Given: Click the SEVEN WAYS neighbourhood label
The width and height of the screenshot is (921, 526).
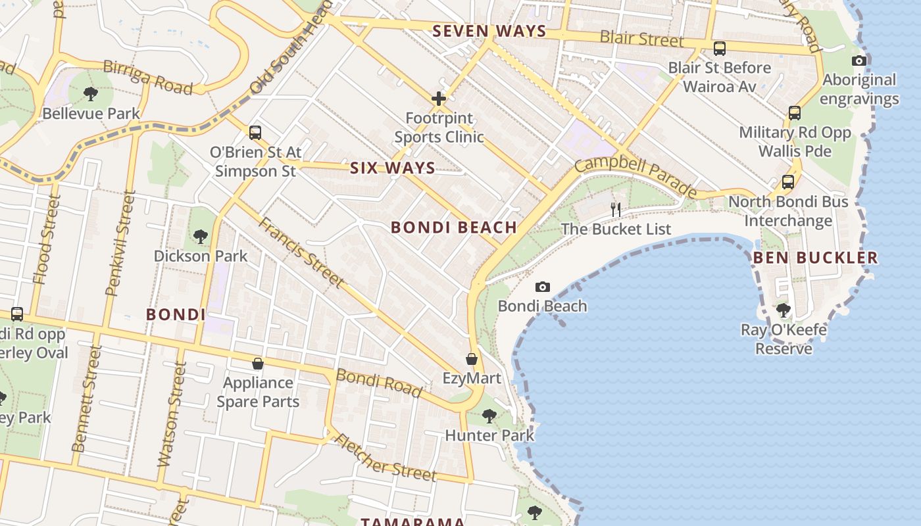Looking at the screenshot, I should click(489, 31).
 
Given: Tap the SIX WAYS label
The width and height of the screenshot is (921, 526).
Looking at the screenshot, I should click(393, 168).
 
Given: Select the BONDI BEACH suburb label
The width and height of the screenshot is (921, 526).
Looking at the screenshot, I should click(454, 227).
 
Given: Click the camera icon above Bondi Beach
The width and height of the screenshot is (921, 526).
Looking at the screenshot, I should click(542, 287).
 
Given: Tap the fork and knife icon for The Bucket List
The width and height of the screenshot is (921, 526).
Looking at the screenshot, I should click(616, 210).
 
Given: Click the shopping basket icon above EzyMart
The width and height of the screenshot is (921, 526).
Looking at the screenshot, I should click(472, 359).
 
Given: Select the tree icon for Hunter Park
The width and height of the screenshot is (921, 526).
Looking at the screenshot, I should click(489, 416).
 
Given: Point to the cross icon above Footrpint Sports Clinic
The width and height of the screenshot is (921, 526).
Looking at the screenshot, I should click(439, 99).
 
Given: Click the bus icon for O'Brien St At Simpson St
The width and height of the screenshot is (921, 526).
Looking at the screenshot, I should click(255, 133).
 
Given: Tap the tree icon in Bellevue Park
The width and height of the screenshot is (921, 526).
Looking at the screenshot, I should click(91, 94).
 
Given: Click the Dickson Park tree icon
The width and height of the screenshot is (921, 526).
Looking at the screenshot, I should click(200, 236).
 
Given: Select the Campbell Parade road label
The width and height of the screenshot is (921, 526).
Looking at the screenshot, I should click(635, 176).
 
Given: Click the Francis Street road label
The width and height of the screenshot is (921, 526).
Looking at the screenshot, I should click(301, 252).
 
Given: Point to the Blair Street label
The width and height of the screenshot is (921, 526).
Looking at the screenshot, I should click(641, 39).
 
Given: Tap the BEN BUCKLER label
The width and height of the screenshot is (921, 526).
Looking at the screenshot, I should click(815, 258).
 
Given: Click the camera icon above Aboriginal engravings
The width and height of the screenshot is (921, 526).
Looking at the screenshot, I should click(859, 61).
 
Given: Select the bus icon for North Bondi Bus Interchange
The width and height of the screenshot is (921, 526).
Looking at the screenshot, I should click(787, 182).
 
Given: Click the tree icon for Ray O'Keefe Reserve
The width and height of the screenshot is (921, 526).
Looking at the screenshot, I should click(783, 310).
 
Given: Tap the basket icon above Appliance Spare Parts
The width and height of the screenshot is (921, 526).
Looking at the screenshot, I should click(258, 364).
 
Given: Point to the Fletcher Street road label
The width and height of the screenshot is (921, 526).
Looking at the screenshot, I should click(386, 458).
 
